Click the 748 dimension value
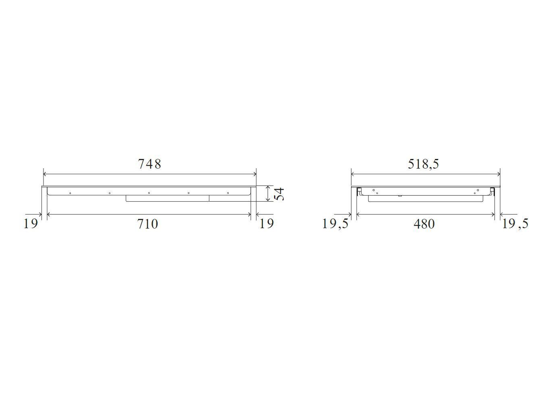150,164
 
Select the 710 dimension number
148,224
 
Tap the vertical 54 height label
279,194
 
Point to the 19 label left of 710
31,223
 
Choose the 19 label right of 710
266,223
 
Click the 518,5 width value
423,164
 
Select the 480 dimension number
424,224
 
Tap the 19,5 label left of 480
335,223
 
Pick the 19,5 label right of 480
515,223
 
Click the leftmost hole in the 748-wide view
70,193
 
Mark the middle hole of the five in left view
149,193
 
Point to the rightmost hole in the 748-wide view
228,193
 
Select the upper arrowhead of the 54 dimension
268,188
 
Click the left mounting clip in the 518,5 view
358,191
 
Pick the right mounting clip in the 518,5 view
492,191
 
